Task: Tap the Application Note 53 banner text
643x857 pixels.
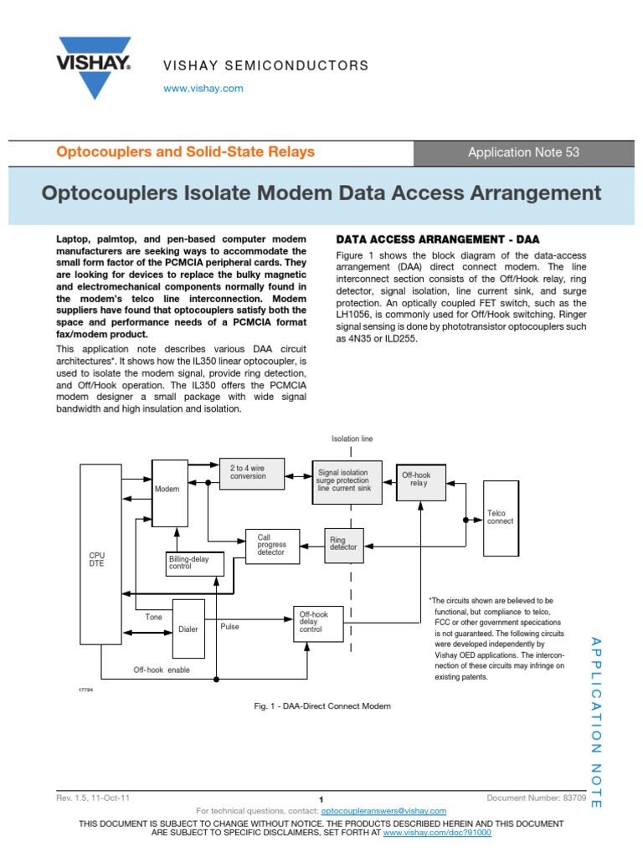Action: [x=523, y=152]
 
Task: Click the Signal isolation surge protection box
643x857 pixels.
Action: [x=346, y=482]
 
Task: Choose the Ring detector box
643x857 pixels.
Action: [x=342, y=544]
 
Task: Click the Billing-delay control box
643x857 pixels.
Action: [x=195, y=563]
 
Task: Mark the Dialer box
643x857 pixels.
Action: [x=188, y=628]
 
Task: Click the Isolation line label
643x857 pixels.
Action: [x=352, y=439]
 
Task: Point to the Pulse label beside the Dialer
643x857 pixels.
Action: [x=229, y=625]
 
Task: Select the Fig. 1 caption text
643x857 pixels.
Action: [x=322, y=706]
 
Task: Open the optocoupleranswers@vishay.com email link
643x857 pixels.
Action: [x=383, y=811]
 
